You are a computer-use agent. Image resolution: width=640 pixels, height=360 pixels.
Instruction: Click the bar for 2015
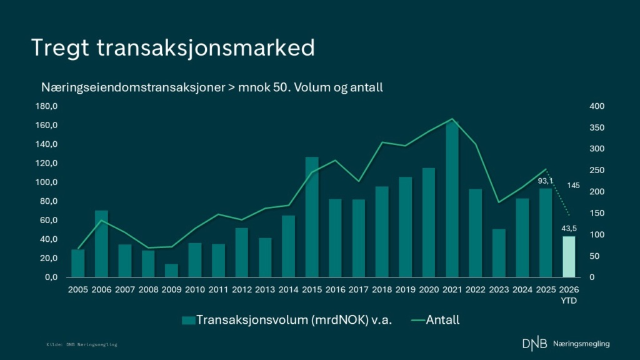tap(312, 217)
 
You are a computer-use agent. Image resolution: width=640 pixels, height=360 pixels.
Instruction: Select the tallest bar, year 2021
tap(452, 199)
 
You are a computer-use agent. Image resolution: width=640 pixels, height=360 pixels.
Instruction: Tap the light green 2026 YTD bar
tap(569, 257)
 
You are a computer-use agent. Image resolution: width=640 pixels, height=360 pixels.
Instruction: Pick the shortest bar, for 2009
tap(171, 271)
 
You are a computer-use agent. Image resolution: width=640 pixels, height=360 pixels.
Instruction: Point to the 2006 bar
tap(102, 244)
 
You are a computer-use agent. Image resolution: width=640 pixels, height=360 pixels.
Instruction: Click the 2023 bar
tap(499, 253)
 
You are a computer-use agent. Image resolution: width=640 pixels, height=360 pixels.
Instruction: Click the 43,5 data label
tap(569, 229)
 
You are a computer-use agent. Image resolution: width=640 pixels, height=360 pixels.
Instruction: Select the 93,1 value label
tap(545, 181)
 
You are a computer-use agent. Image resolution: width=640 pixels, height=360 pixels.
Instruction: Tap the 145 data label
tap(573, 186)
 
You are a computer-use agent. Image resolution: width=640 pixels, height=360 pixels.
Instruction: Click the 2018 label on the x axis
tap(382, 290)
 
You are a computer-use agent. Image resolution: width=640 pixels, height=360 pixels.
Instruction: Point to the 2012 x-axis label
tap(242, 290)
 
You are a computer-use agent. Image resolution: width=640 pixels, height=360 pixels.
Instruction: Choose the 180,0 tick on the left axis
tap(46, 106)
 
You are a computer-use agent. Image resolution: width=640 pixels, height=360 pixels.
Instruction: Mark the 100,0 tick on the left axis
tap(46, 182)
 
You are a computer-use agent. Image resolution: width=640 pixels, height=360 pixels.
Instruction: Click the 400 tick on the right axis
tap(597, 106)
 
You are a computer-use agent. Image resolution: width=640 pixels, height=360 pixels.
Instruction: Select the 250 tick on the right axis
tap(597, 170)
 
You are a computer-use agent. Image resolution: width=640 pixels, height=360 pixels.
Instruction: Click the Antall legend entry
tap(435, 320)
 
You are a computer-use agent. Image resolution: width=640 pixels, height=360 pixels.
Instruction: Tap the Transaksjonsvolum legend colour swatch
tap(188, 321)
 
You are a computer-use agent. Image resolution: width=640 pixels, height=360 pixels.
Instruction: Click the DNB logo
tap(535, 344)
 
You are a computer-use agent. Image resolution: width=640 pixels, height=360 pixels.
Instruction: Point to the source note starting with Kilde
tap(82, 345)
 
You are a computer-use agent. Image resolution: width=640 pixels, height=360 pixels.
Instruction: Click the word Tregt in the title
tap(60, 48)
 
